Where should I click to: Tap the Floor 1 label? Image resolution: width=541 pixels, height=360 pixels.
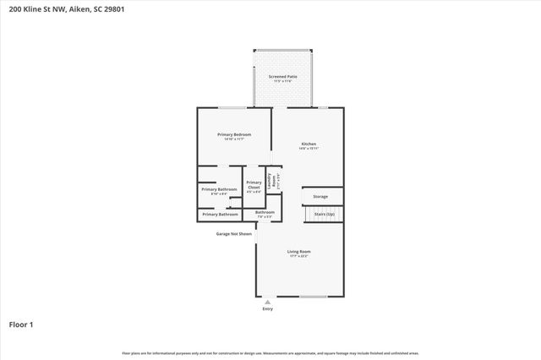[21, 324]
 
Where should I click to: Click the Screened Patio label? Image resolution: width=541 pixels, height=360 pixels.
[283, 76]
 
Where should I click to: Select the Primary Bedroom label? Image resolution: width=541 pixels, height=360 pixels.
[234, 134]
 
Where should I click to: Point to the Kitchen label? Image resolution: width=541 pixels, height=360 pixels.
[309, 145]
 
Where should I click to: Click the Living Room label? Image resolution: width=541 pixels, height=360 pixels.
[299, 251]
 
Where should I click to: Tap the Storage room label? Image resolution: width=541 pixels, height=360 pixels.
[320, 196]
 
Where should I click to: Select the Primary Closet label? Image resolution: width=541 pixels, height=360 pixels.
[254, 185]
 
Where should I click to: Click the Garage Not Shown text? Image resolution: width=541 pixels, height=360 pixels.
[233, 233]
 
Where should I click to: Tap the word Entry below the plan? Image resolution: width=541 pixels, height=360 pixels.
[268, 309]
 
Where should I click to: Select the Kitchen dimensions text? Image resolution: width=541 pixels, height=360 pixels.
[309, 150]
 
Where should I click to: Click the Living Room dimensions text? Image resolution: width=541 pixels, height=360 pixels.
[299, 256]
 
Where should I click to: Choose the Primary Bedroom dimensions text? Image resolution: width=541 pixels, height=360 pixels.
[234, 139]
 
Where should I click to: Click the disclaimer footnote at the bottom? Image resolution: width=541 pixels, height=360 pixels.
[270, 352]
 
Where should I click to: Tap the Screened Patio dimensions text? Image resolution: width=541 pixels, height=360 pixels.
[283, 81]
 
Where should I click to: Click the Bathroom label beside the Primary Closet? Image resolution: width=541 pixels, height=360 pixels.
[265, 212]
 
